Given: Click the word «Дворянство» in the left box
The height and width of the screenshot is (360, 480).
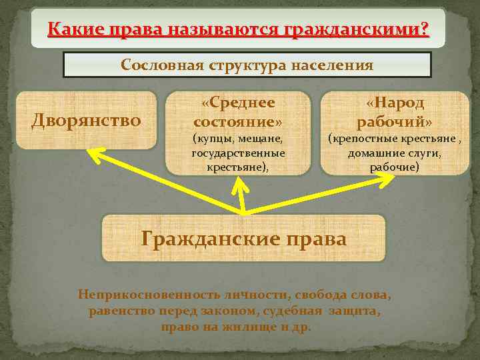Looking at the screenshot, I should tap(87, 121).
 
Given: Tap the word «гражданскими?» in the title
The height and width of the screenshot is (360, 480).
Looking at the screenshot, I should tap(357, 29).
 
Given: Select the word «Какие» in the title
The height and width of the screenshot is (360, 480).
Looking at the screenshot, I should tap(70, 29).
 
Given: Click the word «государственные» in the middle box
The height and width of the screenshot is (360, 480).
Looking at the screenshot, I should tap(238, 153).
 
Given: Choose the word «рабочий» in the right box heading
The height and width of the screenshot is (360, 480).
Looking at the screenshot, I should tap(394, 123).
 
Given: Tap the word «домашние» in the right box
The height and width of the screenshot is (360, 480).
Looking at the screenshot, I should tap(374, 153).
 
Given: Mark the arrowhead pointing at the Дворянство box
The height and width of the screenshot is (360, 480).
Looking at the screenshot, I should tap(93, 154).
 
